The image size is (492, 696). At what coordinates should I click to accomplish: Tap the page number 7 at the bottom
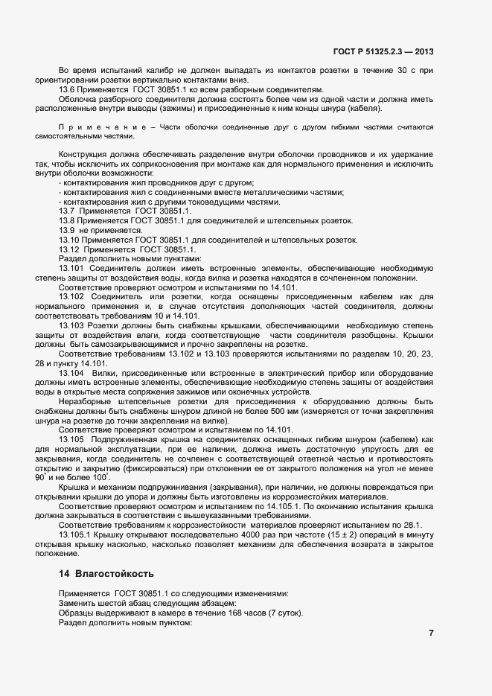click(x=430, y=633)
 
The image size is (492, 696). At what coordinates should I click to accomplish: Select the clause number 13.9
click(x=68, y=231)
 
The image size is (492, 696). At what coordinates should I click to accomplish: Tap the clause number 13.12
click(x=70, y=249)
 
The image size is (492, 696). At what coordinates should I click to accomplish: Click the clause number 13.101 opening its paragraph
click(x=72, y=268)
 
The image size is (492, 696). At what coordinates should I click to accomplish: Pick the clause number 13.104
click(x=72, y=372)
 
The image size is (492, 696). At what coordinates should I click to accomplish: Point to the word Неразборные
click(x=83, y=401)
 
